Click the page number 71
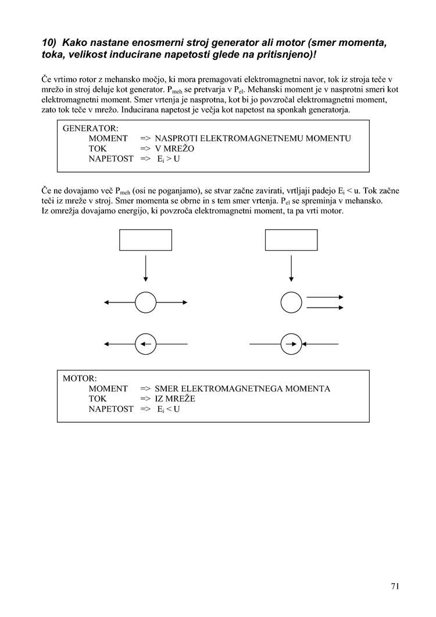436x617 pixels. coord(395,586)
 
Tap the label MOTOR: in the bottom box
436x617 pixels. coord(80,379)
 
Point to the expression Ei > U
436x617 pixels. coord(168,159)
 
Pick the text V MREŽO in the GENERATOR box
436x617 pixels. coord(174,149)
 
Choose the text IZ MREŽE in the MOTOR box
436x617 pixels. coord(175,400)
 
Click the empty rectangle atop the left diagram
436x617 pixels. coord(145,240)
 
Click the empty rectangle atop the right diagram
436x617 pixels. coord(291,240)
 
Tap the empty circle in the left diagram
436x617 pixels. coord(145,302)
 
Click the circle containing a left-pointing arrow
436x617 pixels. coord(145,344)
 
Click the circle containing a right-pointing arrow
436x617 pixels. coord(291,344)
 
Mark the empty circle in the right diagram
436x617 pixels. coord(291,302)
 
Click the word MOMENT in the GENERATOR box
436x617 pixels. coord(108,139)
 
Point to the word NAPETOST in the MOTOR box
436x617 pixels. coord(111,409)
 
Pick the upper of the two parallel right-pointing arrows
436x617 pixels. coord(325,297)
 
